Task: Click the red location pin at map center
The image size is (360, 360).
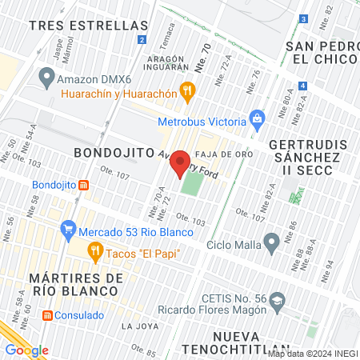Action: click(x=180, y=159)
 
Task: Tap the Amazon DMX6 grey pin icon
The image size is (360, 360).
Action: click(x=46, y=78)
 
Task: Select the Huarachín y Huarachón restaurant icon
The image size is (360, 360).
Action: click(x=188, y=90)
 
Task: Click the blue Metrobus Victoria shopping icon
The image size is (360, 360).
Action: click(x=257, y=121)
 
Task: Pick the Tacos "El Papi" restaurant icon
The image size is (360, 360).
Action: click(x=94, y=254)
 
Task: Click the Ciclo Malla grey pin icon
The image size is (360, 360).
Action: click(x=272, y=241)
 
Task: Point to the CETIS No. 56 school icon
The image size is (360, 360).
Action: click(x=277, y=302)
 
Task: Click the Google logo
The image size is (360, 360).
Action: click(x=26, y=350)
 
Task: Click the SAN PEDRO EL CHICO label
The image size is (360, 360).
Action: click(x=322, y=52)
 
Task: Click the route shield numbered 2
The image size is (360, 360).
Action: click(x=142, y=39)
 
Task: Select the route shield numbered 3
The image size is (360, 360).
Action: click(x=303, y=18)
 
